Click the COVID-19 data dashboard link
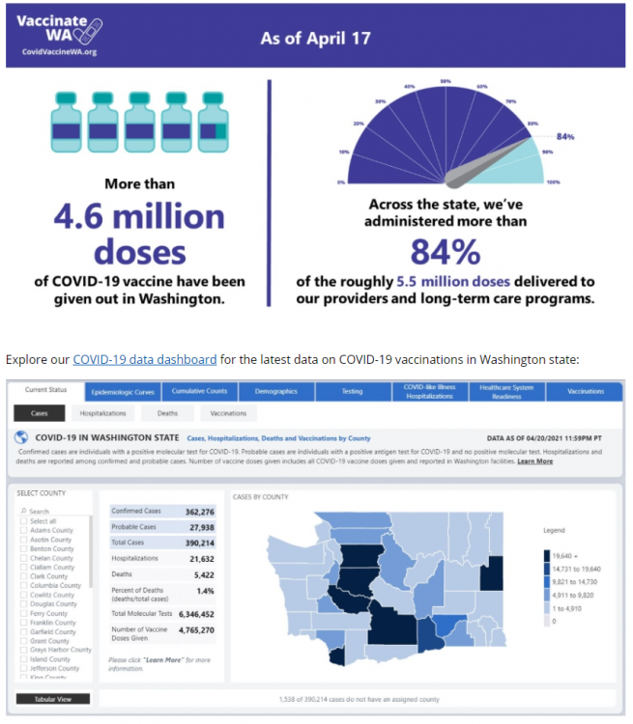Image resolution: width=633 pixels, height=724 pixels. (x=145, y=360)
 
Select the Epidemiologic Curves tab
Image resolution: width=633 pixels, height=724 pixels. (x=123, y=392)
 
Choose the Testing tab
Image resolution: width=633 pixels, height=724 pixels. (x=352, y=391)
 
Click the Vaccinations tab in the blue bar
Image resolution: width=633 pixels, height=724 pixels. (x=586, y=391)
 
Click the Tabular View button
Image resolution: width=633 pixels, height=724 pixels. (x=53, y=699)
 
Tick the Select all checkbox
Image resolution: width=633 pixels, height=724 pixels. (x=24, y=520)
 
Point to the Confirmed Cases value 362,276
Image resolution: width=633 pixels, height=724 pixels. (x=194, y=511)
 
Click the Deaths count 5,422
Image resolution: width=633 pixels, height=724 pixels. (x=200, y=572)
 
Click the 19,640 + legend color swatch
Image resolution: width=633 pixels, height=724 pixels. (x=546, y=555)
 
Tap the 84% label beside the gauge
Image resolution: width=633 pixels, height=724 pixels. (x=565, y=136)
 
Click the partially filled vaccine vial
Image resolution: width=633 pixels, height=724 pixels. (x=216, y=123)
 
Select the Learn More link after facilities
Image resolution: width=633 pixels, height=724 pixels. (x=534, y=460)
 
